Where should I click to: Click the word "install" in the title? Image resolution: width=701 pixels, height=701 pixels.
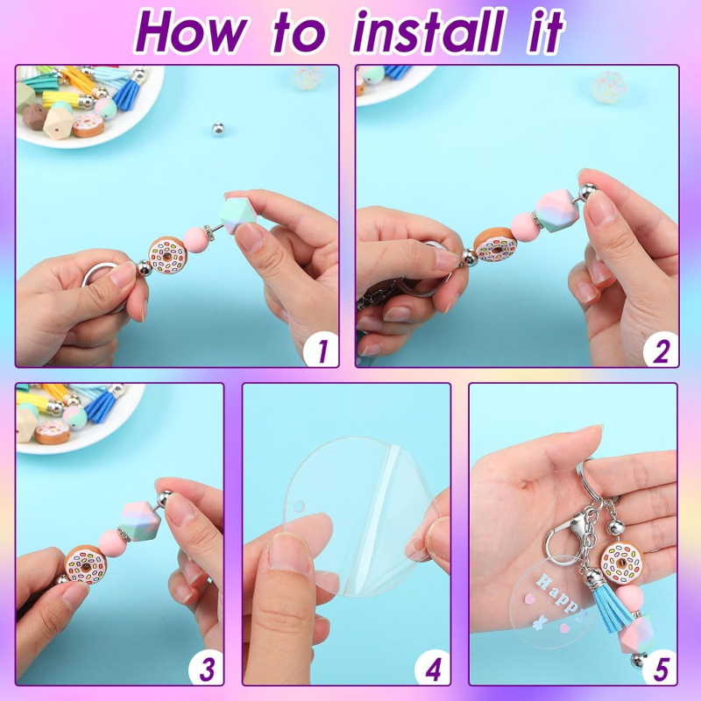point(429,32)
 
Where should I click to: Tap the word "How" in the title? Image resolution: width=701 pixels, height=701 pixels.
point(192,32)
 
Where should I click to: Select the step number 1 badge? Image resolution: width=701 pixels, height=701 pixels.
point(321,350)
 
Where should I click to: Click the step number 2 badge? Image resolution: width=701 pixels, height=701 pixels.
point(661,350)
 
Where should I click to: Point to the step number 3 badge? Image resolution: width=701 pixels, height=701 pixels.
point(206,668)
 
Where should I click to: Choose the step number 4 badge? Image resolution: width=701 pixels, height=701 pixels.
point(433,668)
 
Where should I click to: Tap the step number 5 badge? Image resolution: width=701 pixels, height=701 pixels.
point(660,668)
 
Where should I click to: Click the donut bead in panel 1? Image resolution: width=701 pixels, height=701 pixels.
point(167,255)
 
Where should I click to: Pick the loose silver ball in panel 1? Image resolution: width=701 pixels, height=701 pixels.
point(217,129)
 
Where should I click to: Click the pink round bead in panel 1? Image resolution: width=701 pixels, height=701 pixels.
point(195,239)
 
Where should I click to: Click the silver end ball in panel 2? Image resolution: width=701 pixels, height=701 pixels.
point(588,191)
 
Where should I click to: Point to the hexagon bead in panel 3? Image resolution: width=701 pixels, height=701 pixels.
point(139,521)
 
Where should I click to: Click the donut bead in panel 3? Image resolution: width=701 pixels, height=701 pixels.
point(86,564)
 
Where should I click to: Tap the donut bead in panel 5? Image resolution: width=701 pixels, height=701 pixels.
point(622,563)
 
